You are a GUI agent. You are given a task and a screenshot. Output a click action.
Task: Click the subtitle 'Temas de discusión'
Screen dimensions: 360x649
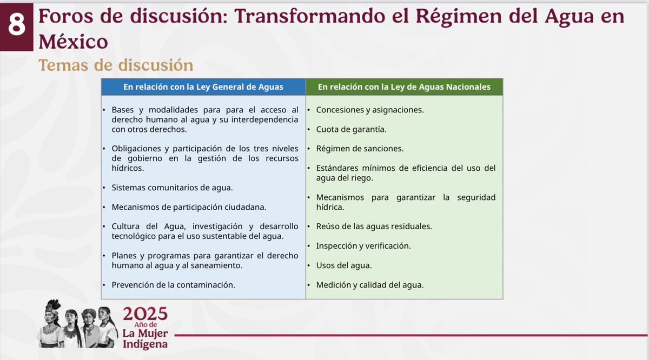pyautogui.click(x=115, y=65)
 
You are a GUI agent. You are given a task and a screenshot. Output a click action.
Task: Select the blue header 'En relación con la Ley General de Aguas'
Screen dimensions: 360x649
pyautogui.click(x=203, y=86)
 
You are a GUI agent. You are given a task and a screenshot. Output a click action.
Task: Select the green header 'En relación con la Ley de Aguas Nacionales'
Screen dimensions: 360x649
pyautogui.click(x=404, y=86)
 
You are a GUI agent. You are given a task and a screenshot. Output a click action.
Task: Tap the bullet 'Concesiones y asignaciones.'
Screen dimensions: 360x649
pyautogui.click(x=369, y=110)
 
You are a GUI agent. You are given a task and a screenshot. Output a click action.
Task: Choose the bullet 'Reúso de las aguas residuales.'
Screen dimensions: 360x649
pyautogui.click(x=374, y=226)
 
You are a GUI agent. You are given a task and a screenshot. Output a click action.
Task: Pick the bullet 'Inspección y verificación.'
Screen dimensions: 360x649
pyautogui.click(x=363, y=245)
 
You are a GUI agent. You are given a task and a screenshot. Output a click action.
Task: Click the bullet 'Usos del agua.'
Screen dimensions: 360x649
pyautogui.click(x=344, y=265)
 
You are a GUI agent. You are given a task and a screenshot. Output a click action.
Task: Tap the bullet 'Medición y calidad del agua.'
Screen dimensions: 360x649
pyautogui.click(x=369, y=285)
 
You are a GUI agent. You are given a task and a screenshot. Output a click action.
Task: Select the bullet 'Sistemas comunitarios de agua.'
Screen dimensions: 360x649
pyautogui.click(x=172, y=187)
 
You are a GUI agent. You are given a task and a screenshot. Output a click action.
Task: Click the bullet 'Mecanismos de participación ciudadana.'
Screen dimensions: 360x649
pyautogui.click(x=189, y=206)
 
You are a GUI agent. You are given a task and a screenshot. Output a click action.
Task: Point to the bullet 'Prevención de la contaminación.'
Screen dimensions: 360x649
pyautogui.click(x=173, y=285)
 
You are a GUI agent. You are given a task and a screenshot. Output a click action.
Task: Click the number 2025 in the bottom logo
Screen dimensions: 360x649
pyautogui.click(x=145, y=314)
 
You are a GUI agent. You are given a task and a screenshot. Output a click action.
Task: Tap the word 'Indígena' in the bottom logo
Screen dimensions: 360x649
pyautogui.click(x=144, y=344)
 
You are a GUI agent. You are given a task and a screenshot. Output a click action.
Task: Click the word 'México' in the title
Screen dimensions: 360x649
pyautogui.click(x=72, y=41)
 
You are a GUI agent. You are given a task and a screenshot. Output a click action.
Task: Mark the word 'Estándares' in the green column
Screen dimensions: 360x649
pyautogui.click(x=337, y=168)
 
